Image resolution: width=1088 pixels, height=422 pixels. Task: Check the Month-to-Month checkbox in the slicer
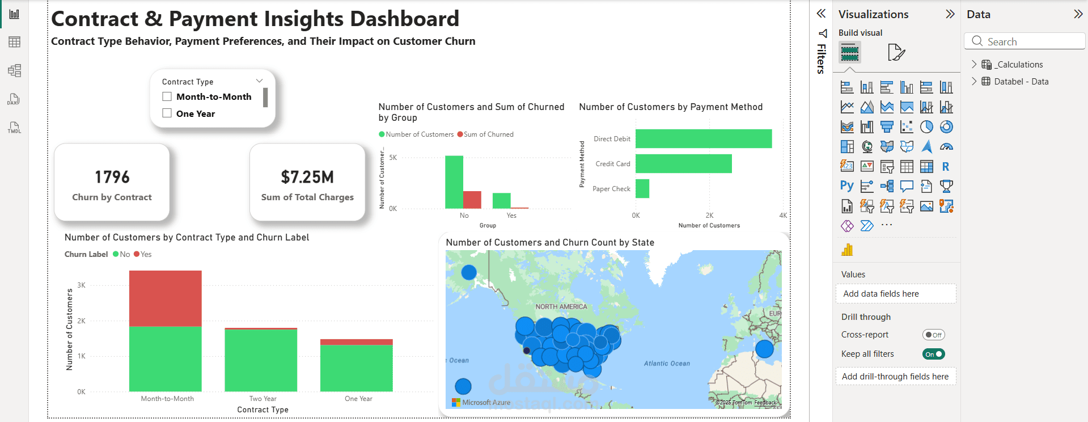click(167, 96)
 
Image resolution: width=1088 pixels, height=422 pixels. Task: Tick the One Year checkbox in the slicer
click(167, 113)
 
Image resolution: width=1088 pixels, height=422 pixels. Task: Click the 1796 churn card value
click(112, 177)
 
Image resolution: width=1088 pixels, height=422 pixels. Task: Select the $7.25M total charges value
click(307, 177)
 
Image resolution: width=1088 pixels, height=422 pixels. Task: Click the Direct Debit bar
click(703, 138)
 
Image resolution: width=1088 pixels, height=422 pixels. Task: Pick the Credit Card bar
click(683, 163)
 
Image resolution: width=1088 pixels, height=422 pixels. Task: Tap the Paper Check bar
click(642, 188)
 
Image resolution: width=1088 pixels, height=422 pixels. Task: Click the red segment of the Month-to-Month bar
click(165, 298)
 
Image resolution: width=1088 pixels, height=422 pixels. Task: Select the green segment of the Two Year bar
click(261, 360)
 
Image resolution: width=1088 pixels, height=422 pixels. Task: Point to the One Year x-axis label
click(358, 399)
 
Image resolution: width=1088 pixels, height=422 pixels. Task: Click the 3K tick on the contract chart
click(82, 285)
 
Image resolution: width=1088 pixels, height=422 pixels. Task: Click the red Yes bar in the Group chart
click(472, 200)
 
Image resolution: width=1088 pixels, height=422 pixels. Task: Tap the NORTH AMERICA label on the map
click(561, 307)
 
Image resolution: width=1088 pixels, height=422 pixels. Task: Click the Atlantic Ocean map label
click(667, 364)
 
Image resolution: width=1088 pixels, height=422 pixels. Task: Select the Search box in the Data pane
click(1025, 41)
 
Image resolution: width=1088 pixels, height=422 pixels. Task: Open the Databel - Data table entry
click(1021, 82)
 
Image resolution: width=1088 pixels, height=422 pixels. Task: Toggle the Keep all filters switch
click(933, 354)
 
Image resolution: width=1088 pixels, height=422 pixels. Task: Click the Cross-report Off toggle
click(933, 335)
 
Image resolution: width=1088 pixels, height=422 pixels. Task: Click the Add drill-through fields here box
click(895, 377)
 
